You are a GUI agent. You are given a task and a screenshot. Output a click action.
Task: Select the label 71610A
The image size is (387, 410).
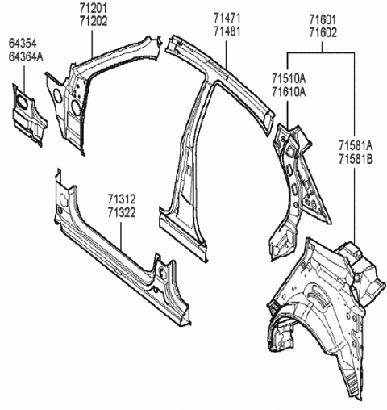[x=289, y=93]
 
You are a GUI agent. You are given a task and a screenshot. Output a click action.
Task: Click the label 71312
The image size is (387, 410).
[x=123, y=199]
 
